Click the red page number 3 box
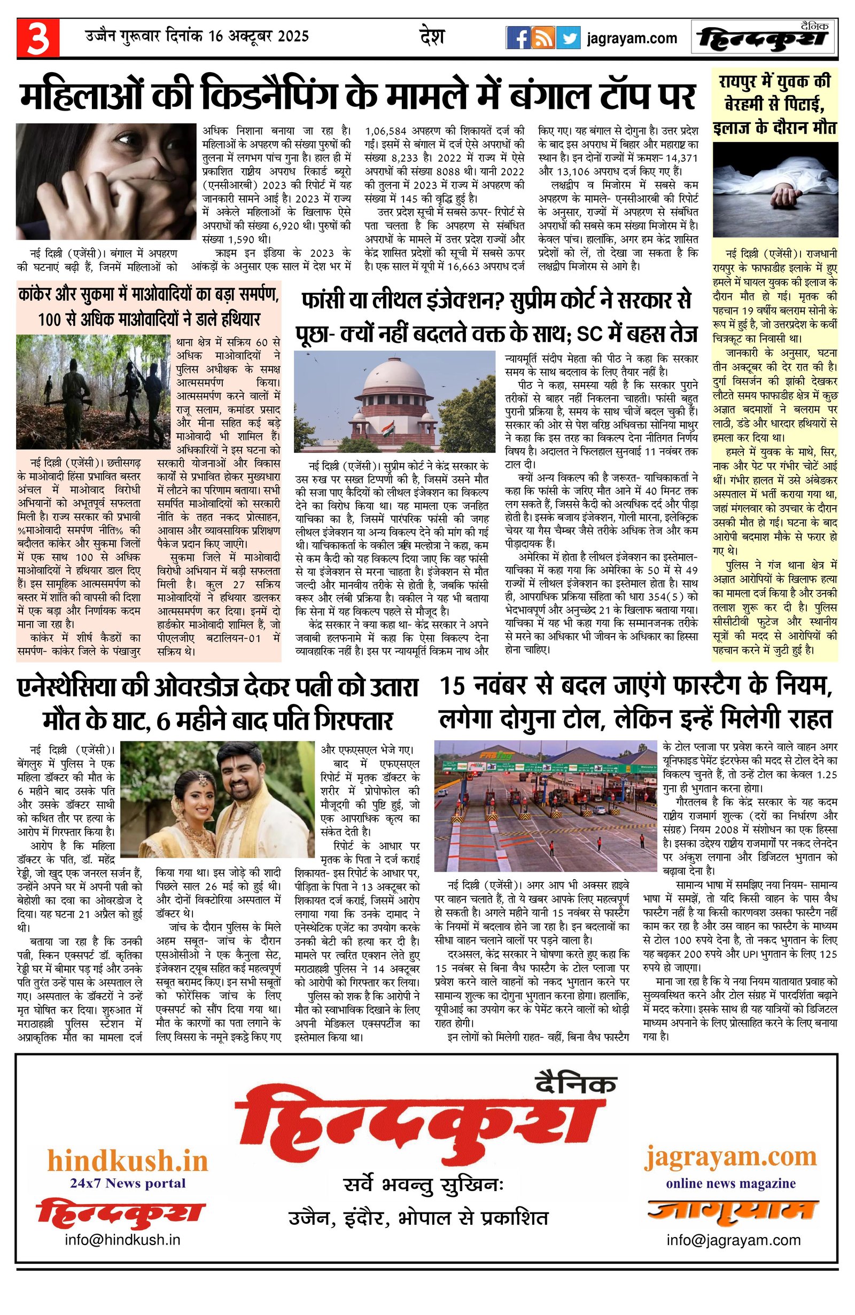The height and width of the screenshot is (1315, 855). click(37, 38)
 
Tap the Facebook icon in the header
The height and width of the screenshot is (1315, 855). click(518, 38)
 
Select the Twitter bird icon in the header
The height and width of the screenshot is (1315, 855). click(568, 38)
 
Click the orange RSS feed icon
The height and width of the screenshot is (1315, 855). click(543, 38)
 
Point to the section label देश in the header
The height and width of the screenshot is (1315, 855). click(432, 37)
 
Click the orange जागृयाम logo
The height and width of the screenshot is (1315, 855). click(732, 1210)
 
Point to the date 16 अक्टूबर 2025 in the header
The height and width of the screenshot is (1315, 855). click(259, 37)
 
